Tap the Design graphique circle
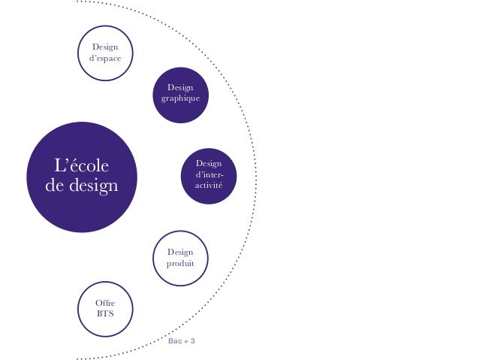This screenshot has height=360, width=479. click(180, 95)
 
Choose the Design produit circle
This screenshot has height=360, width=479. click(180, 259)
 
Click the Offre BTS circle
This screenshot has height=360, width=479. click(105, 306)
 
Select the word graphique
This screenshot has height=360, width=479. click(180, 100)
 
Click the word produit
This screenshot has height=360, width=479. click(180, 265)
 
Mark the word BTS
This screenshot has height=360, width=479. click(105, 312)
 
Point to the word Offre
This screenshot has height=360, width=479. click(105, 301)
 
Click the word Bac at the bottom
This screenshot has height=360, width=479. click(174, 342)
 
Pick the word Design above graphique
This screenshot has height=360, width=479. click(180, 88)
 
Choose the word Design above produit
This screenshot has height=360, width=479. click(180, 253)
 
